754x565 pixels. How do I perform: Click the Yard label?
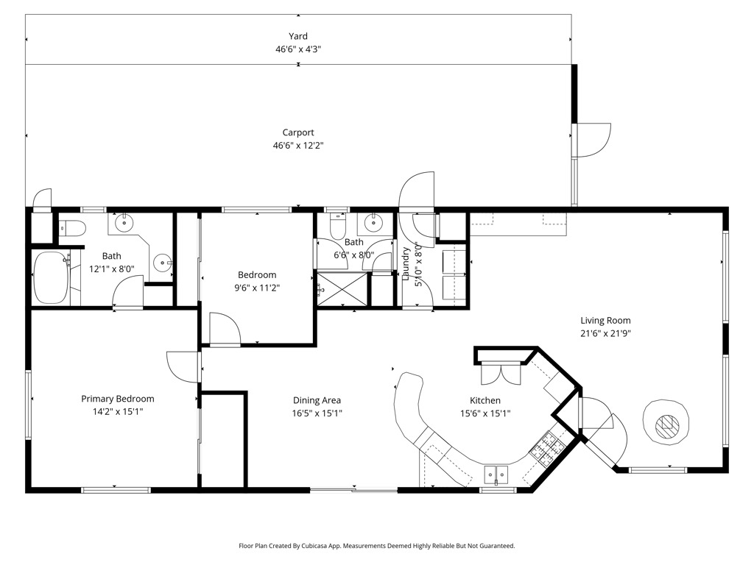[x=298, y=36]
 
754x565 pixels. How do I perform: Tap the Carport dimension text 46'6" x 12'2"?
[x=298, y=145]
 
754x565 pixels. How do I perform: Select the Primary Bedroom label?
[x=118, y=399]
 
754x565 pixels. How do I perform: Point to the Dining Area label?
[x=317, y=400]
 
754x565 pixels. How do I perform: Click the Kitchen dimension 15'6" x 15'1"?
[x=485, y=413]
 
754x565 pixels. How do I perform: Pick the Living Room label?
[x=605, y=321]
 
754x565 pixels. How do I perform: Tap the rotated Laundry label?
[x=406, y=263]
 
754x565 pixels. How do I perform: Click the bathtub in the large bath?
[x=51, y=277]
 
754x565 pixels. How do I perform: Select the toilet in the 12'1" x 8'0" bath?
[x=72, y=228]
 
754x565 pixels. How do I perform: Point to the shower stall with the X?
[x=342, y=288]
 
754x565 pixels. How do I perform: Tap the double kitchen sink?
[x=496, y=475]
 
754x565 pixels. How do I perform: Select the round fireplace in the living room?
[x=666, y=422]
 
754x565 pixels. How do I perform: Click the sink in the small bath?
[x=373, y=222]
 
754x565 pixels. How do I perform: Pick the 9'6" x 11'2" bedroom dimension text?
[x=257, y=288]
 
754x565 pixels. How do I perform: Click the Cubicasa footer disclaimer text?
[x=377, y=546]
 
